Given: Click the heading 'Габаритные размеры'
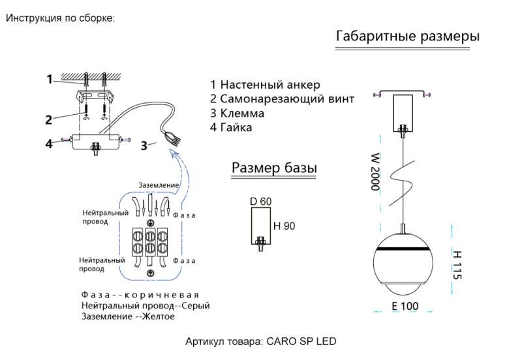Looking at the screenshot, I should tap(407, 37).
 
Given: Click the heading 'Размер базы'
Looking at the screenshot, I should tap(274, 168).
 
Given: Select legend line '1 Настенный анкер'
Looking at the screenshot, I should tap(265, 85).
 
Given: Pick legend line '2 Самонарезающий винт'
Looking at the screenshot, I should tap(282, 99).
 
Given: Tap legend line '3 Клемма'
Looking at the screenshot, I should tap(237, 113).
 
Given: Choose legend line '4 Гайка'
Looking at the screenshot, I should tap(231, 128).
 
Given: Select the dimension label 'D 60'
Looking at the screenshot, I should tap(260, 202).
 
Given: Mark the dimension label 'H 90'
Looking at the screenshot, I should tap(284, 226).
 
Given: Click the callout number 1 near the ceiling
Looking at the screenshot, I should tap(50, 80).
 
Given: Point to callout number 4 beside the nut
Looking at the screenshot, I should tap(50, 143).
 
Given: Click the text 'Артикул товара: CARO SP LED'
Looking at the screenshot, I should tap(261, 341).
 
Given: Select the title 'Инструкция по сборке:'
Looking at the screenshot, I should tap(60, 18).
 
